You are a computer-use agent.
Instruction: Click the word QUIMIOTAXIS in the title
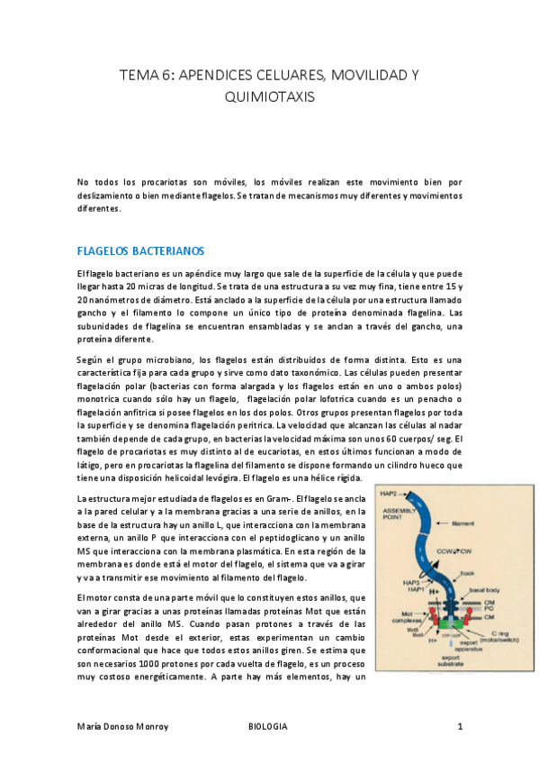269,95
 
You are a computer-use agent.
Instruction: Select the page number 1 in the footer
460,726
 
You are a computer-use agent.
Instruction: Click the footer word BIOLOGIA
267,726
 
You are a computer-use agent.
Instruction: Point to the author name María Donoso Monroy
125,726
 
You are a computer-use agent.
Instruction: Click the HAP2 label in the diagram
390,494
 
